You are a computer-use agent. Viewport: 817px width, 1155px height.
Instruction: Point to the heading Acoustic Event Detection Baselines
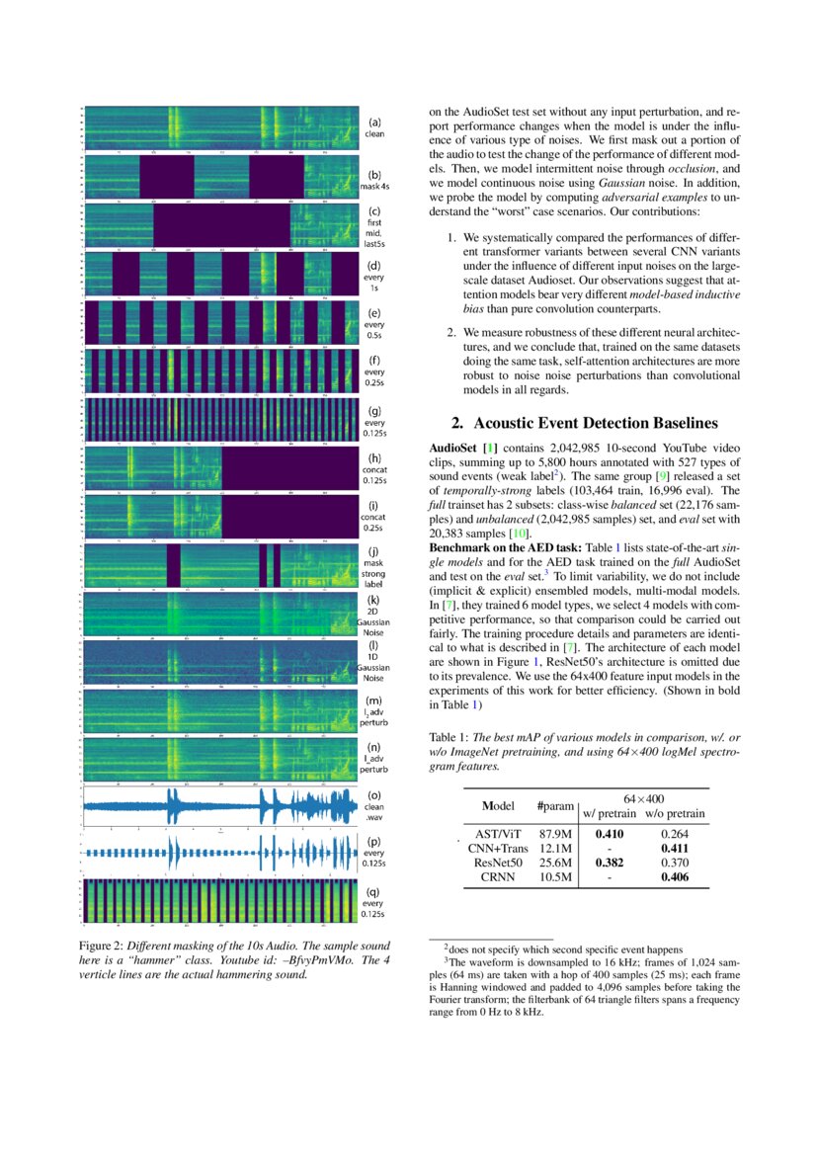(x=584, y=424)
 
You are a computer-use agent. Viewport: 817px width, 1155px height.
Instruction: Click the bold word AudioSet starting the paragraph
(x=457, y=450)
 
